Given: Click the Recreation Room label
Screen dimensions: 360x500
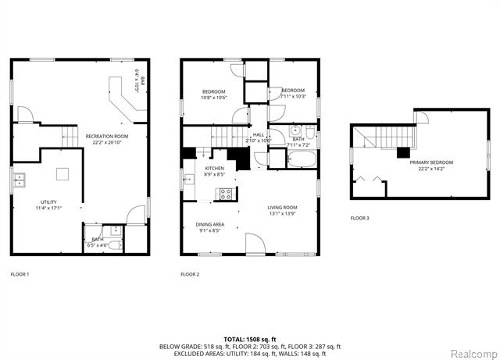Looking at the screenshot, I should (106, 136).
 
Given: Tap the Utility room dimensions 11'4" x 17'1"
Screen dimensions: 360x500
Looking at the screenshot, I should (48, 208).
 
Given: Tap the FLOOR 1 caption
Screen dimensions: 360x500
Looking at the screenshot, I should (20, 274).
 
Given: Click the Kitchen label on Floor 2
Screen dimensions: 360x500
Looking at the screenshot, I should (214, 168).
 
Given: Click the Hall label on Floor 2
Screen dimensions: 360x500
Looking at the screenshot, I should (259, 134).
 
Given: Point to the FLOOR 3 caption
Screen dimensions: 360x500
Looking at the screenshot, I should (359, 218).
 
